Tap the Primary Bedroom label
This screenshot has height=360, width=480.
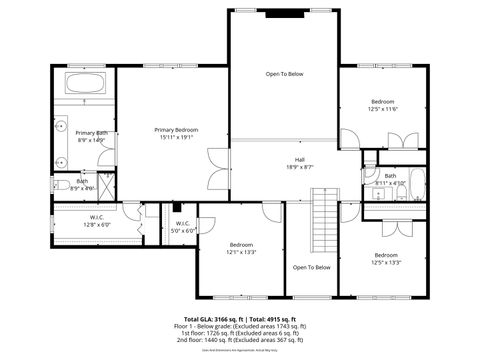(x=176, y=130)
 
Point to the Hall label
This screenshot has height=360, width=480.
(x=298, y=159)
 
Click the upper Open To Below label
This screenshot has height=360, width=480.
(x=284, y=74)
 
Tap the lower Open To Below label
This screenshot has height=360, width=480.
(x=311, y=267)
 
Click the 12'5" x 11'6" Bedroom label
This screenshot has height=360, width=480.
(x=383, y=102)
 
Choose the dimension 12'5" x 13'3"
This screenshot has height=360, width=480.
(x=386, y=262)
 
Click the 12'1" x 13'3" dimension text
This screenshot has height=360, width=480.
(x=241, y=253)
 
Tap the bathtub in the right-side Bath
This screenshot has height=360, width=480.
(x=417, y=186)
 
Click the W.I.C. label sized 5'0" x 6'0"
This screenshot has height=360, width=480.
(x=183, y=223)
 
